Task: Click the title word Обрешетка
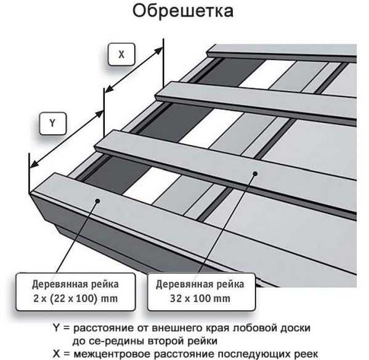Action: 183,10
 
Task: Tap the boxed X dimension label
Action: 121,54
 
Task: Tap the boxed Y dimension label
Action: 53,124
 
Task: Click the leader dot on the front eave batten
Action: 98,201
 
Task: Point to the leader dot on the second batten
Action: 255,174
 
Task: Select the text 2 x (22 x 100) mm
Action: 76,298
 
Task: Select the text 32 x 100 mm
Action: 200,298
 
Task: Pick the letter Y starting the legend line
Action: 56,327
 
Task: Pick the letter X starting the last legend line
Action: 56,354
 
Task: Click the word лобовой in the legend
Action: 254,328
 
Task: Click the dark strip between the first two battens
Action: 115,175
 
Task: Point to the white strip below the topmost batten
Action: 267,74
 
